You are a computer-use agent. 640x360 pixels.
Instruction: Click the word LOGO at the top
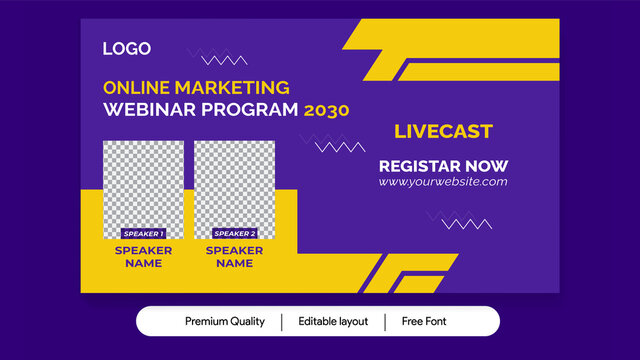click(127, 48)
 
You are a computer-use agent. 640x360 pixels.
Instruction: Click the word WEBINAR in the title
click(143, 109)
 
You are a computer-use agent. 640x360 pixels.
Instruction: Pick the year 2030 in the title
click(327, 110)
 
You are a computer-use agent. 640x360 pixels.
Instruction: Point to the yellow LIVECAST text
click(443, 132)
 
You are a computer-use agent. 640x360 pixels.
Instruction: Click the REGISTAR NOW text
click(443, 166)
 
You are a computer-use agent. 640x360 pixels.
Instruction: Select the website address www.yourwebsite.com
click(443, 182)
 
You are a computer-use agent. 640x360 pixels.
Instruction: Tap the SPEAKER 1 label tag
click(143, 233)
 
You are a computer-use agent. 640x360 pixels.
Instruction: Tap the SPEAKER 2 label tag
click(234, 233)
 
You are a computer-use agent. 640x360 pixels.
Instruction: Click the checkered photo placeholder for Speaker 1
click(143, 185)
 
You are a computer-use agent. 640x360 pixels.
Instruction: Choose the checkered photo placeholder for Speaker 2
click(234, 185)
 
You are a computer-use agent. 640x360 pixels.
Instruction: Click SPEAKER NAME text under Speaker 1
click(143, 257)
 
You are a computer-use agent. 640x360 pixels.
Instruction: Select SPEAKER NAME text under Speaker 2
click(234, 257)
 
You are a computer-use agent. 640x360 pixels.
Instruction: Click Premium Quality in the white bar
click(225, 321)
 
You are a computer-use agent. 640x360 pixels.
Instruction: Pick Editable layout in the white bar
click(333, 321)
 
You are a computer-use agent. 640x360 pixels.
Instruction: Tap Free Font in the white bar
click(425, 321)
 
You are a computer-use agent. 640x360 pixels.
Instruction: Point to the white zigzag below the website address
click(467, 223)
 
